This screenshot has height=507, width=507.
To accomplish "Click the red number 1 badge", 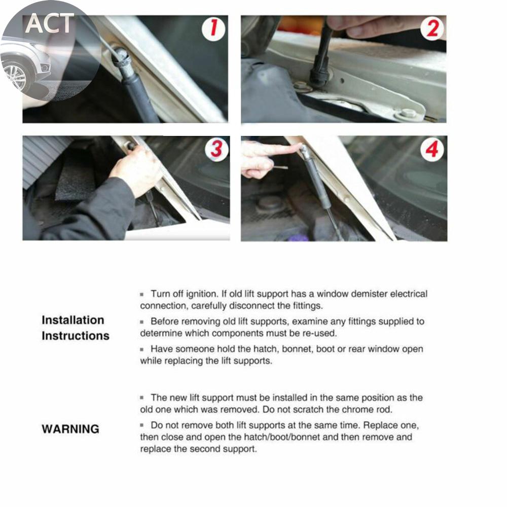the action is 213,29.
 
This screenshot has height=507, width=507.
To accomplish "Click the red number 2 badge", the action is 432,28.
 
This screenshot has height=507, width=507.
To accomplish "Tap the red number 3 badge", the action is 216,150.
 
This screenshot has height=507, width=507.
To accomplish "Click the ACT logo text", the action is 50,24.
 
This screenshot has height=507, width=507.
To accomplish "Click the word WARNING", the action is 70,429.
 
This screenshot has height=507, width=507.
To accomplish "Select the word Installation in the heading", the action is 73,320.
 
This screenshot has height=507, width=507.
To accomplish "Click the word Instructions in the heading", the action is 76,336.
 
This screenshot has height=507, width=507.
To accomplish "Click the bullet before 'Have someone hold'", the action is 141,349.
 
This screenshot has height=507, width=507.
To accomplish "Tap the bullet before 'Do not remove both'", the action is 141,425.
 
